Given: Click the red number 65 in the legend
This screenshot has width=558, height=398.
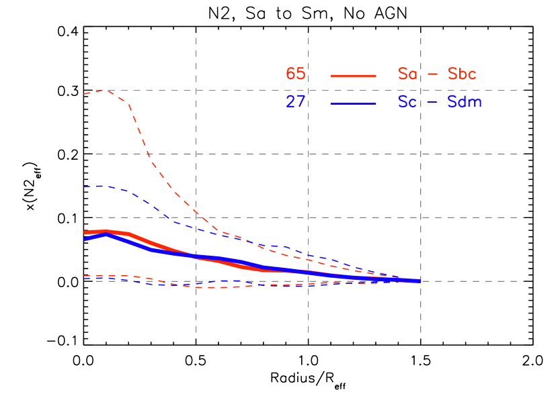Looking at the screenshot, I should (x=295, y=74).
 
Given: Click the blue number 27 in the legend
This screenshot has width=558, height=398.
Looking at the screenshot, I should (x=295, y=102).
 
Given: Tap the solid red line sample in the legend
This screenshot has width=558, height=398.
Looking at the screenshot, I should (x=353, y=76).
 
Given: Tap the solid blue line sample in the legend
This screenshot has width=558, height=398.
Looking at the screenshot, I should (x=353, y=103).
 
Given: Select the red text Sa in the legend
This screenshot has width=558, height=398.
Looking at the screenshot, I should (x=407, y=74).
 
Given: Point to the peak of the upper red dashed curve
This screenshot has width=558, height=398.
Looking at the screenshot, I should (x=106, y=90).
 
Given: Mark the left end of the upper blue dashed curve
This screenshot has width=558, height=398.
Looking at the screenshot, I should (x=85, y=187).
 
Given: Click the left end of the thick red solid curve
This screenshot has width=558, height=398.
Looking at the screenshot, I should (x=85, y=232).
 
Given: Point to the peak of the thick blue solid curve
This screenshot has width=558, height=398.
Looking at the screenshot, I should (x=106, y=234).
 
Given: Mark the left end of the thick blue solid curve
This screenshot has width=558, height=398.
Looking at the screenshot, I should (x=85, y=239).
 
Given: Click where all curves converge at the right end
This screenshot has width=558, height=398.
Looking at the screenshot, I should (x=418, y=281).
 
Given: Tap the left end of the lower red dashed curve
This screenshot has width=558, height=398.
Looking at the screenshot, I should (x=85, y=275).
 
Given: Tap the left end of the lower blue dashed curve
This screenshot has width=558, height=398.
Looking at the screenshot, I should (x=85, y=278).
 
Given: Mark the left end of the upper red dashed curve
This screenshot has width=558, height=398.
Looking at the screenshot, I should (x=85, y=94).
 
